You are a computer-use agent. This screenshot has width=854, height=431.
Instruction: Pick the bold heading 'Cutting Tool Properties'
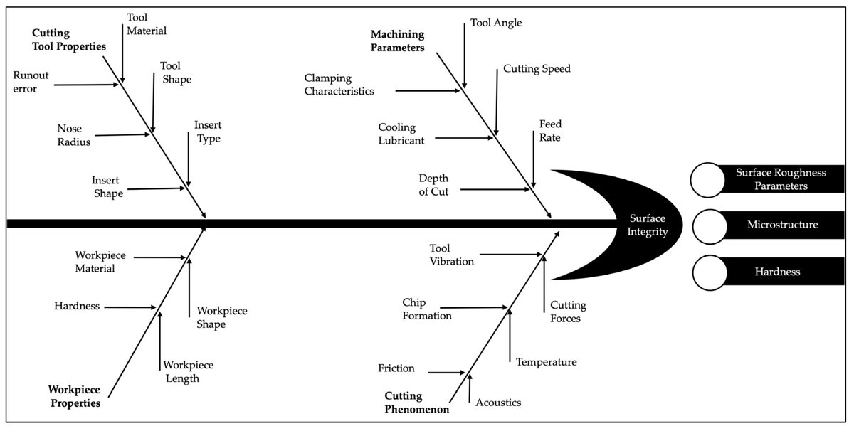click(68, 41)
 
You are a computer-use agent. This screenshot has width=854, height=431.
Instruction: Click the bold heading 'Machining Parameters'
click(397, 41)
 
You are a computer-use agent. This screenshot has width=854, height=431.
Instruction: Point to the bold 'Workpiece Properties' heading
click(74, 396)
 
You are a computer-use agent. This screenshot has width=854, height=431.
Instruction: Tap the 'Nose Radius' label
click(70, 134)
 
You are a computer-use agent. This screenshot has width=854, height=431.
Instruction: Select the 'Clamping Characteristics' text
click(339, 84)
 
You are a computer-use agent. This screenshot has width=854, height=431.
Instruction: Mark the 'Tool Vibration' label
click(451, 255)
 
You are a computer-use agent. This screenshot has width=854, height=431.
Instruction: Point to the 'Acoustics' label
click(498, 403)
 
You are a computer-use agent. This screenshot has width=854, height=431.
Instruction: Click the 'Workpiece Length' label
click(189, 371)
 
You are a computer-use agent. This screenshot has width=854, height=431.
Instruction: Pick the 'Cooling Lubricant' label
click(401, 134)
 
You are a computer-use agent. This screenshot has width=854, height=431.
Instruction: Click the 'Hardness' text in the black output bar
click(777, 272)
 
